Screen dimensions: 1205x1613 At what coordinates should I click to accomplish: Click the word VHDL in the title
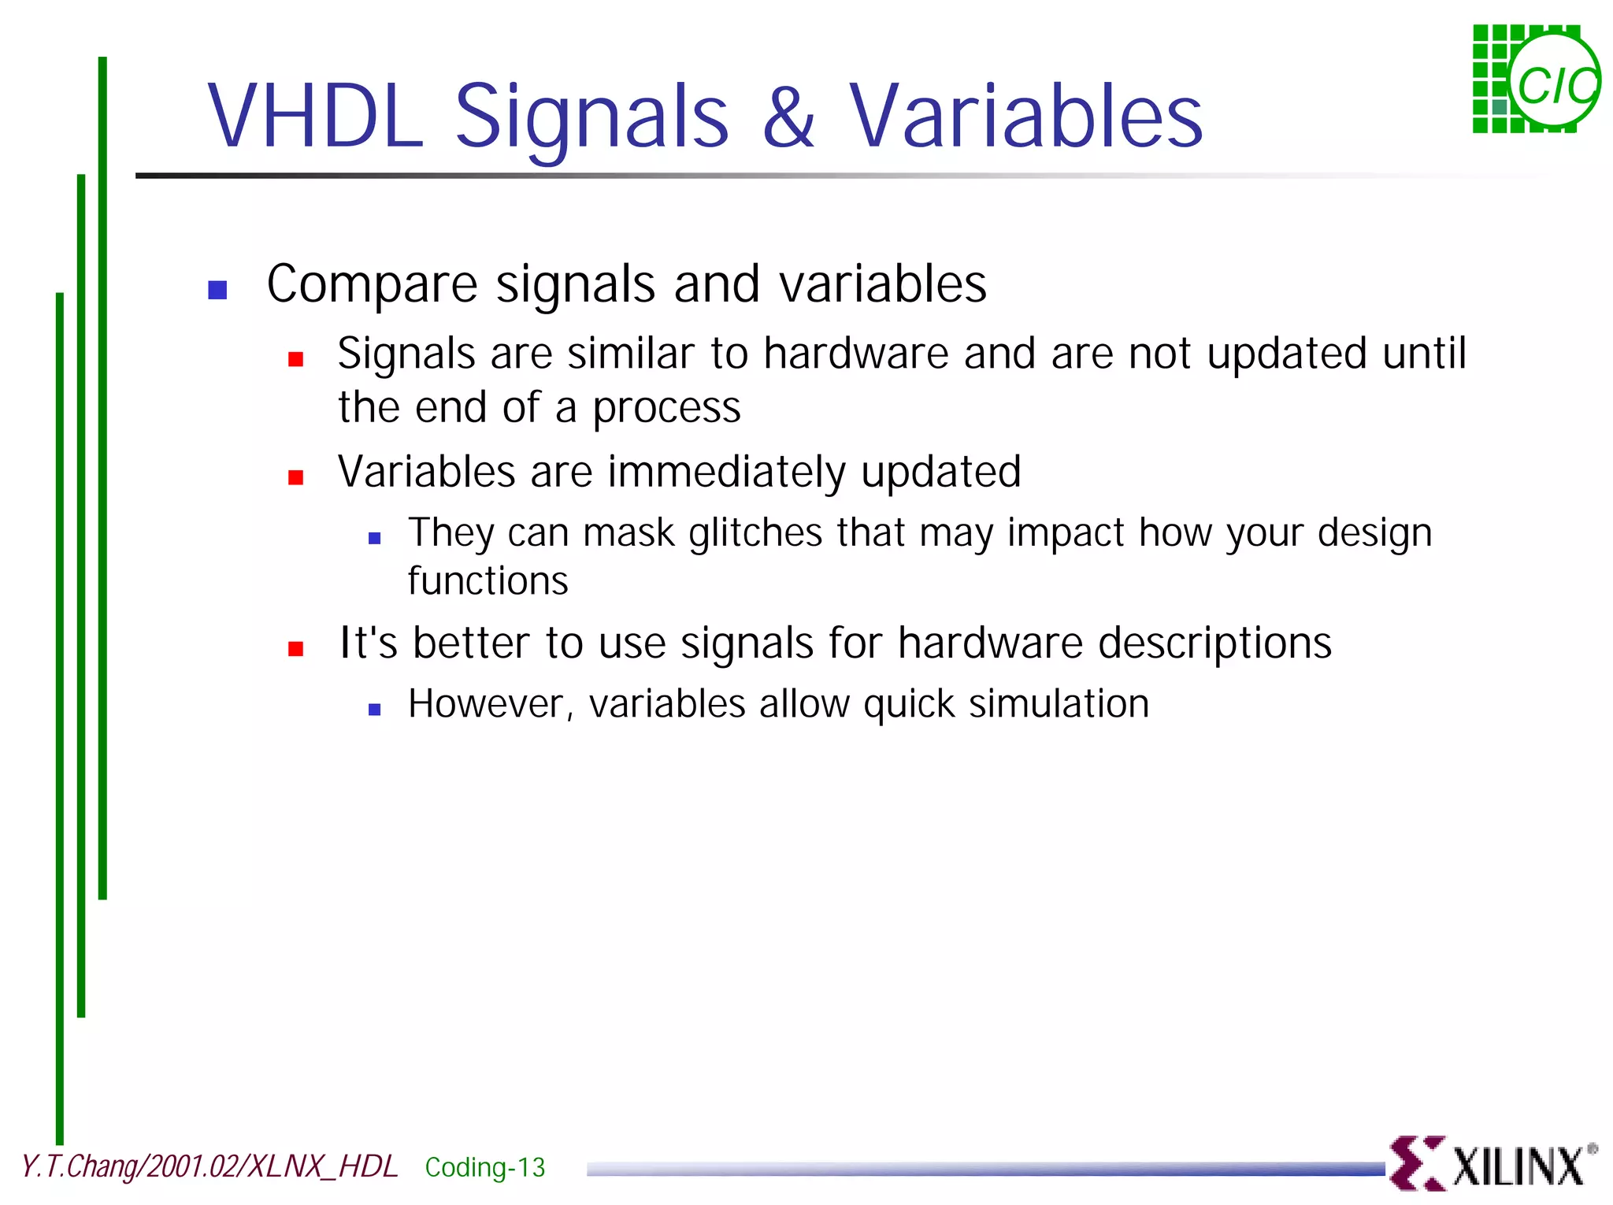coord(315,117)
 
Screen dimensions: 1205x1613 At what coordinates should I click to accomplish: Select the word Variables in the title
coord(1025,117)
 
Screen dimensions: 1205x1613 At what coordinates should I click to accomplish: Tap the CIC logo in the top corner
coord(1536,79)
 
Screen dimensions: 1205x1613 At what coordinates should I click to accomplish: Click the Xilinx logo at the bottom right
coord(1492,1163)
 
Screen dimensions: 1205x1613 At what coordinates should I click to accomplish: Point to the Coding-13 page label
coord(484,1167)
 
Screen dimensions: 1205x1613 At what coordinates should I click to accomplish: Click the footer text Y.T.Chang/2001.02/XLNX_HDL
coord(209,1166)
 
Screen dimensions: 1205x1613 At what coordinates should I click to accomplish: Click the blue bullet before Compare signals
coord(217,290)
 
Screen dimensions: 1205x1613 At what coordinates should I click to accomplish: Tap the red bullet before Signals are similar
coord(296,359)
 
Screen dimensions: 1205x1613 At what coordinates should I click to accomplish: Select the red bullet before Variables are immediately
coord(296,477)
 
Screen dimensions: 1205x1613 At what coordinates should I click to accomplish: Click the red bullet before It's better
coord(296,649)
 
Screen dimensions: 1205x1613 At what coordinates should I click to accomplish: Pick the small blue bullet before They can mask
coord(375,539)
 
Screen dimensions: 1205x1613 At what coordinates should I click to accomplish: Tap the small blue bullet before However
coord(375,710)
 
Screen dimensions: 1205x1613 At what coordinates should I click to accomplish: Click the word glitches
coord(755,533)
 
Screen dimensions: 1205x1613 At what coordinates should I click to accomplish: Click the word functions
coord(488,581)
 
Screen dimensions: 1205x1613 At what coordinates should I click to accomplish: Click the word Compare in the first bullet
coord(372,285)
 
